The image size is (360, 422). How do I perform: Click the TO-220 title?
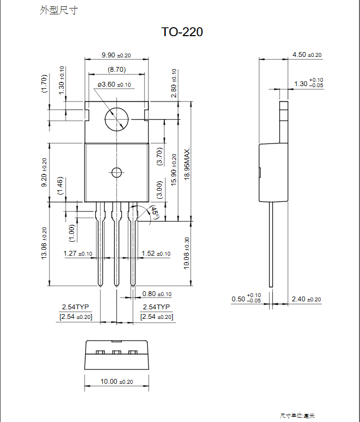[182, 32]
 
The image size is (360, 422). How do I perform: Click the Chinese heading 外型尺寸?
[58, 10]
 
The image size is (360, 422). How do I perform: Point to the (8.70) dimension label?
[116, 69]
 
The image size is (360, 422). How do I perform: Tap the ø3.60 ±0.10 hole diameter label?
[114, 85]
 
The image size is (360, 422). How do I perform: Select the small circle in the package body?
[116, 172]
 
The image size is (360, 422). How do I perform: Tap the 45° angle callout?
[154, 212]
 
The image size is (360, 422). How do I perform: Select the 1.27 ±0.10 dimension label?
[78, 254]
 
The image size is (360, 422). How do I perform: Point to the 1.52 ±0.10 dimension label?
[156, 254]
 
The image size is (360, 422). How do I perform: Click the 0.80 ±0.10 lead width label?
[157, 294]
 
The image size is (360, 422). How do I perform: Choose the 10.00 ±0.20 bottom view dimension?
[116, 382]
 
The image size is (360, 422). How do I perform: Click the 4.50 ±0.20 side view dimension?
[307, 55]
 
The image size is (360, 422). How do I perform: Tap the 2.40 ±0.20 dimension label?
[306, 299]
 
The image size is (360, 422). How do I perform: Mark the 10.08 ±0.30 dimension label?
[187, 254]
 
